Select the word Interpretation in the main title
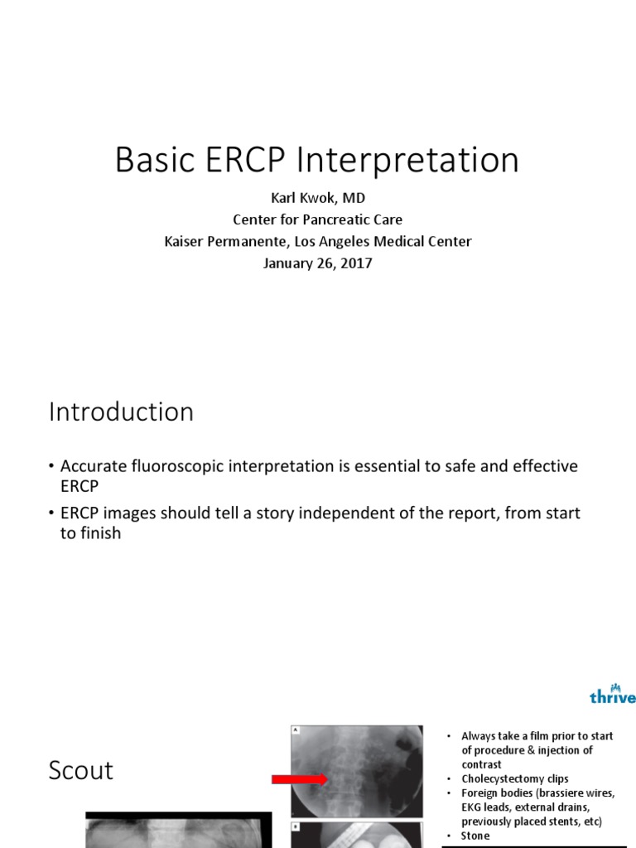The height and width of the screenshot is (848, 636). click(407, 161)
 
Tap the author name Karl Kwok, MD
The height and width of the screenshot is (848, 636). click(318, 199)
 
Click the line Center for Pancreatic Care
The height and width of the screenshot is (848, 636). click(318, 220)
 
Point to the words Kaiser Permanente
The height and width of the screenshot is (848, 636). click(219, 242)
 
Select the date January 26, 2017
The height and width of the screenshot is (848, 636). click(318, 263)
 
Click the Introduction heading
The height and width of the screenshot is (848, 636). click(121, 412)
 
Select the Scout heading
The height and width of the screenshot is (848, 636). click(80, 770)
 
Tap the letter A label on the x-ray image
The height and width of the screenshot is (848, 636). click(296, 730)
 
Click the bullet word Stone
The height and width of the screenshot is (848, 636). click(475, 836)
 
